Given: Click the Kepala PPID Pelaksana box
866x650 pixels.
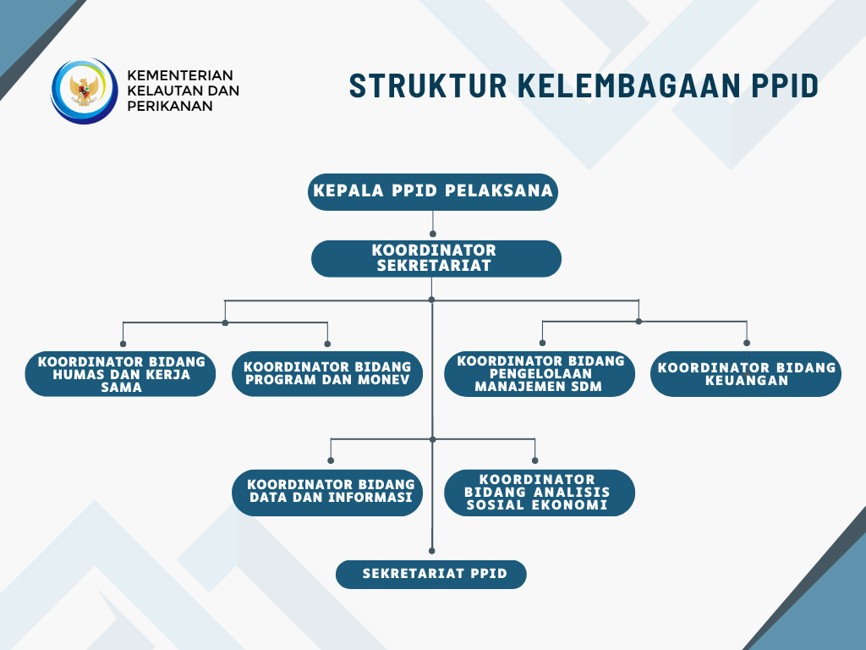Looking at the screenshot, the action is click(x=433, y=192).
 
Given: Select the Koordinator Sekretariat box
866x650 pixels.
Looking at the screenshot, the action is click(x=436, y=259).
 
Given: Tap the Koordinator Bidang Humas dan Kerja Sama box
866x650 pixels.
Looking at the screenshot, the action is click(x=120, y=373).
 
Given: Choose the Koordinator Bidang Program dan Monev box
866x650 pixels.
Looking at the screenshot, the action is click(x=327, y=373).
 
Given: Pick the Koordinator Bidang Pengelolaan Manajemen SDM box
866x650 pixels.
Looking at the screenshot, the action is click(x=540, y=373).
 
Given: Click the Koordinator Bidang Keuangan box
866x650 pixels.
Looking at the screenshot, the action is click(x=746, y=373).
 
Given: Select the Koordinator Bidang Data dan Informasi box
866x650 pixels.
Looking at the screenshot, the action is click(x=327, y=493).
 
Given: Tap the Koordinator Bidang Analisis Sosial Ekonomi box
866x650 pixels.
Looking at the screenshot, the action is click(x=540, y=493).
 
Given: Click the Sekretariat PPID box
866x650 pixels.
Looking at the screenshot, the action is click(x=431, y=575).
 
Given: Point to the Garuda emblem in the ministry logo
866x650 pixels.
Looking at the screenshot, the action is click(x=84, y=91).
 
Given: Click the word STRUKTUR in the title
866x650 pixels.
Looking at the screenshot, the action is click(x=428, y=85).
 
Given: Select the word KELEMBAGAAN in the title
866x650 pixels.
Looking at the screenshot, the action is click(x=629, y=85).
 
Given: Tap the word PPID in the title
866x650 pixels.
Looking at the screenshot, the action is click(x=785, y=85).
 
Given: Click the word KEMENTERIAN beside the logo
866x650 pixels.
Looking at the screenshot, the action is click(x=180, y=75).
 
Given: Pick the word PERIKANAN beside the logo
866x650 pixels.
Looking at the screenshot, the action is click(x=170, y=106).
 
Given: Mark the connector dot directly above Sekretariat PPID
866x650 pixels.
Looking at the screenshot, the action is click(x=432, y=551).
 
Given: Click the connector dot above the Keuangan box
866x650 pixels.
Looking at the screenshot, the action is click(x=747, y=343).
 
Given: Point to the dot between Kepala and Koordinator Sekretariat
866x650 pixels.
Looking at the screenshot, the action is click(x=432, y=234).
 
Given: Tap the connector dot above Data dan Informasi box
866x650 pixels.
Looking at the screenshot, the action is click(x=331, y=460).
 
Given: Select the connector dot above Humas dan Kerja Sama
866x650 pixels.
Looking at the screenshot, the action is click(x=123, y=344).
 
